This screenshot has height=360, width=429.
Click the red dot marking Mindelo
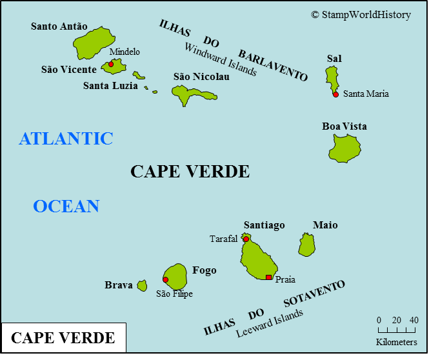[111, 64]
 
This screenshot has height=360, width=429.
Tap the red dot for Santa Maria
[335, 94]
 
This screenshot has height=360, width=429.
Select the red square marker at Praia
[269, 277]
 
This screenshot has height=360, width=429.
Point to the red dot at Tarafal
[246, 239]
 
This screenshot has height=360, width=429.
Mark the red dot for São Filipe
[166, 279]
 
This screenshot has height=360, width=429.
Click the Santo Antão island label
[59, 26]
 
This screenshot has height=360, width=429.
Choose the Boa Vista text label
[344, 126]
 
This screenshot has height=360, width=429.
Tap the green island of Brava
[142, 285]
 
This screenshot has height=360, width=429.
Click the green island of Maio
[306, 245]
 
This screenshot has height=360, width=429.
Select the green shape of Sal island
[332, 79]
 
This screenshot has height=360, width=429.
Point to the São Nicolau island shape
[191, 95]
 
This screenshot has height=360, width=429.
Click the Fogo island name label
[205, 270]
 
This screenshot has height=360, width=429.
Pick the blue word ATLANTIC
[66, 139]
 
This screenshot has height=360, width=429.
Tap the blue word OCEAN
[66, 206]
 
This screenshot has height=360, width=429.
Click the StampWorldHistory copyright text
[361, 15]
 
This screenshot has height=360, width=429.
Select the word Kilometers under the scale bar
[396, 342]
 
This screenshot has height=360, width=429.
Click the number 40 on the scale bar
[414, 320]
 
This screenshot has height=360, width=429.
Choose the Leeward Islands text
[269, 324]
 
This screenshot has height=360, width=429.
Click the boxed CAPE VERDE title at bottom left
[63, 338]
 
